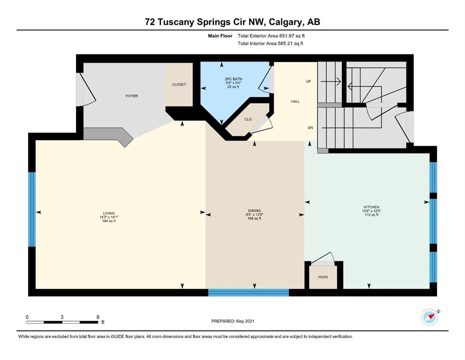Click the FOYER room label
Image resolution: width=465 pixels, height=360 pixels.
[132, 96]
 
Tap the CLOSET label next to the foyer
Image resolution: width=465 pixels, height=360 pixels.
[179, 84]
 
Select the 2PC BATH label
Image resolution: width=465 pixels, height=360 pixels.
[233, 79]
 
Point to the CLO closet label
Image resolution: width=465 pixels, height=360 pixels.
[248, 120]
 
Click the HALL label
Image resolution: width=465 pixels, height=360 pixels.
[295, 102]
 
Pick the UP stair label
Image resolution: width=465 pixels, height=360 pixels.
[309, 81]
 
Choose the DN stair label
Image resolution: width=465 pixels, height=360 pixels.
[310, 128]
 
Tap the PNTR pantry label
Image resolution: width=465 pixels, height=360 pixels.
[323, 277]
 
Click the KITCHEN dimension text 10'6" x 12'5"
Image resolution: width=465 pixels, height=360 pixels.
[371, 211]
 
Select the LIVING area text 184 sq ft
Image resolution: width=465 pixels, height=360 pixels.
[109, 221]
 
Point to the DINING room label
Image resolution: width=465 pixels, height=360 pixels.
[254, 211]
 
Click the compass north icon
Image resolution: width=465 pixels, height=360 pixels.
[430, 317]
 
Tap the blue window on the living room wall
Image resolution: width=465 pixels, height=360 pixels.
[32, 209]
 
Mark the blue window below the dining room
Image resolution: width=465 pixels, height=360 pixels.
[249, 292]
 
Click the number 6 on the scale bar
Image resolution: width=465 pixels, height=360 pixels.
[98, 317]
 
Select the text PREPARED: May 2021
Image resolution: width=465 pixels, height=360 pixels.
[233, 321]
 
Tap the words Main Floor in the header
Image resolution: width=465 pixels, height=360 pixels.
[220, 36]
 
